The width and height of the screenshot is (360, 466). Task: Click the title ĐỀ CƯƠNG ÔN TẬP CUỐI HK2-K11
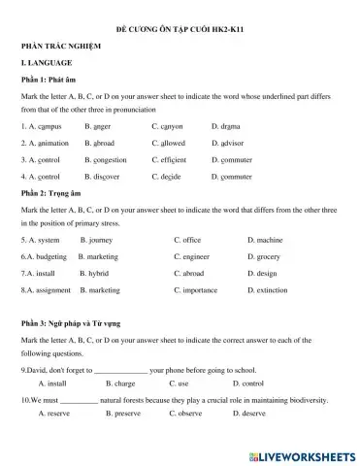[180, 30]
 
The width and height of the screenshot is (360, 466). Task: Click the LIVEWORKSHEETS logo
[303, 454]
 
